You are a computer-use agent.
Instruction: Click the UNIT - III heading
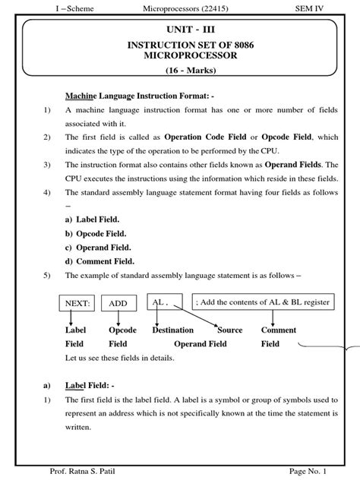pos(179,30)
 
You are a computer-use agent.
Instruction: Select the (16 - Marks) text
pos(179,71)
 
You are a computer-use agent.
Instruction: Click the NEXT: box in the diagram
pos(78,303)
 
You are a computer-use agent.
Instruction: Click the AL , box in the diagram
pos(164,302)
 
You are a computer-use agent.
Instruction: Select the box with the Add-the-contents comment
pos(263,302)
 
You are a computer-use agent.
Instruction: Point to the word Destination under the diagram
pos(172,330)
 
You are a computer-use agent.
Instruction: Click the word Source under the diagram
pos(230,330)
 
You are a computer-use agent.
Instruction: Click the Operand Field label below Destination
pos(200,344)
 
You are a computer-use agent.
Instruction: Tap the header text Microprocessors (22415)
pos(180,7)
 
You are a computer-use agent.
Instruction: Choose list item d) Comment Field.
pos(98,261)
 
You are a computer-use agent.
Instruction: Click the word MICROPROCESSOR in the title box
pos(179,57)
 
